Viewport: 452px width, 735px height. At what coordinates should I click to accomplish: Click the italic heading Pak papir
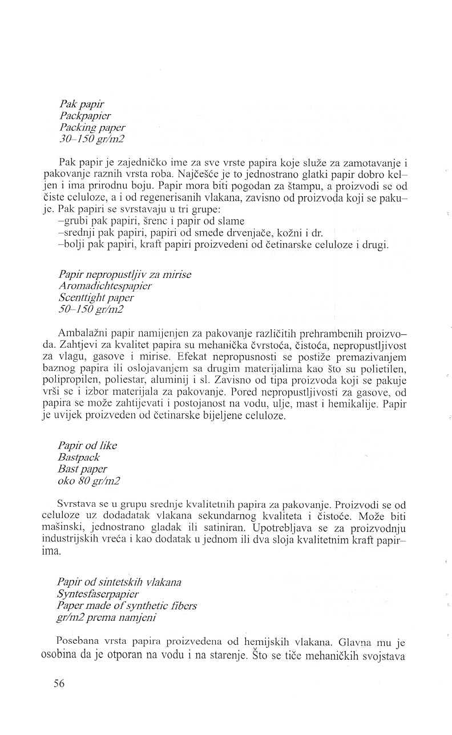pos(82,105)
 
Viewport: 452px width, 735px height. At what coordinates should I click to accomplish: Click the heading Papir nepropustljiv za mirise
pos(124,274)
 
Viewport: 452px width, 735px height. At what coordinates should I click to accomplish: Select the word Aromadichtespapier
pos(105,286)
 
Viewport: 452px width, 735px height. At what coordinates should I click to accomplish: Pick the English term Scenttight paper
pos(96,297)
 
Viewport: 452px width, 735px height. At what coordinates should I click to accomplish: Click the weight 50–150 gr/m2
pos(91,309)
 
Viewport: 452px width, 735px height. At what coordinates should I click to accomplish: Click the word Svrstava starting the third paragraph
pos(76,505)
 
